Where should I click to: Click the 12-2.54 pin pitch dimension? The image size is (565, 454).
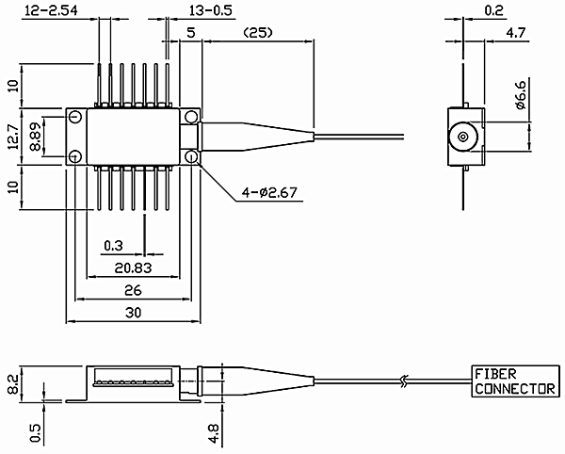51,10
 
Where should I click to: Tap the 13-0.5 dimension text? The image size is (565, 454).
211,10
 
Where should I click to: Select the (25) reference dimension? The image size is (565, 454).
258,33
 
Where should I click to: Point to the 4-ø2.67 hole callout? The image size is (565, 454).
269,193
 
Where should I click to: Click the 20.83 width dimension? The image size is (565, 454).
133,268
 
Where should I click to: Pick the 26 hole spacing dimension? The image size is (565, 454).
133,290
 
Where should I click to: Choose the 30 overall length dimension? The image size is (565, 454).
133,313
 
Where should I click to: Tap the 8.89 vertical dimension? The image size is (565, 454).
36,137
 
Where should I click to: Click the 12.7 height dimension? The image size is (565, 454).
13,137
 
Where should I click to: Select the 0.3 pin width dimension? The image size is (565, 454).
113,246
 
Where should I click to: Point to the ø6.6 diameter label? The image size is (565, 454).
520,93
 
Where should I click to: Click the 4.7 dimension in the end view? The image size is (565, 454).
516,33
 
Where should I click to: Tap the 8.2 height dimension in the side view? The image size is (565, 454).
13,384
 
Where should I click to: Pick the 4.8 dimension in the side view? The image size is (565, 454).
214,433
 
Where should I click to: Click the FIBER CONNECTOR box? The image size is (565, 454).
516,381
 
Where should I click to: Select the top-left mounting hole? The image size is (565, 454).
75,117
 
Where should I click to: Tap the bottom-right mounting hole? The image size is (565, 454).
191,156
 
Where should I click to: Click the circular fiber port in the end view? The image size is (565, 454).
463,137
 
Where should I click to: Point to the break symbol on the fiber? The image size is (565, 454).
404,381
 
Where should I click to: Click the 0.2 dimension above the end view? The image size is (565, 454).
493,10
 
